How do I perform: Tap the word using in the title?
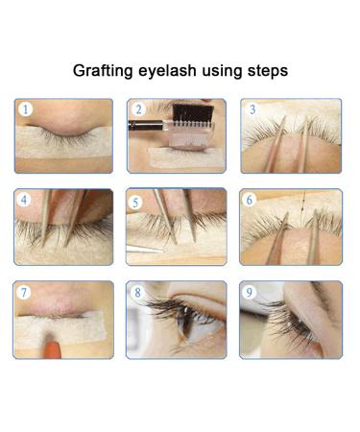pos(220,71)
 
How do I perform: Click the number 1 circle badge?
pos(27,110)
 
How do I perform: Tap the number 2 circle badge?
pos(139,110)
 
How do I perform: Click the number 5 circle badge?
pos(139,201)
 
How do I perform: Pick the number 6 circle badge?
pos(252,201)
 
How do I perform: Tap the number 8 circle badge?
pos(139,293)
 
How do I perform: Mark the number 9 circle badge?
pos(252,293)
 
